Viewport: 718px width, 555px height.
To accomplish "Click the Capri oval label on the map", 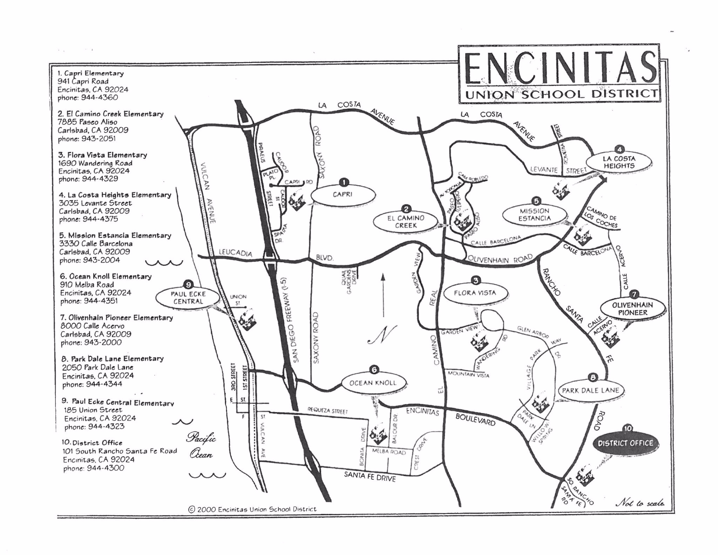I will coord(343,195).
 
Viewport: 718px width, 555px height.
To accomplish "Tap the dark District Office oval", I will coord(625,443).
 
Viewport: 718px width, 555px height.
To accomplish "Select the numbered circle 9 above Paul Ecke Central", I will coord(188,285).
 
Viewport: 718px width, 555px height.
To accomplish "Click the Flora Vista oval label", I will coord(475,293).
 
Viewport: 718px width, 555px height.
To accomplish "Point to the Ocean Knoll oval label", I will coord(373,383).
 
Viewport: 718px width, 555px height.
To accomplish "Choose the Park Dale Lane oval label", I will coord(590,391).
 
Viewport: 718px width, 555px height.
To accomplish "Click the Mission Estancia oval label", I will coord(534,215).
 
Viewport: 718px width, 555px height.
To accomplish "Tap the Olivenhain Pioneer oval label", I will coord(632,309).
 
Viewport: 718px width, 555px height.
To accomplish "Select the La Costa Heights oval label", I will coord(619,162).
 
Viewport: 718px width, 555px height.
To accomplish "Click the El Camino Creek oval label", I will coord(406,222).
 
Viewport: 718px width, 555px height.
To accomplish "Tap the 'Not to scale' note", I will coord(639,503).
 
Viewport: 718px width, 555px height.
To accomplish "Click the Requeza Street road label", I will coord(327,411).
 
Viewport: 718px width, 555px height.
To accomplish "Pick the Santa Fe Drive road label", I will coord(370,476).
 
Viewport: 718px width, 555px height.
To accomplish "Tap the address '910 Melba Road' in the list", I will coord(87,285).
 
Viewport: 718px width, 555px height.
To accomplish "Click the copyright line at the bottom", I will coord(252,509).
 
